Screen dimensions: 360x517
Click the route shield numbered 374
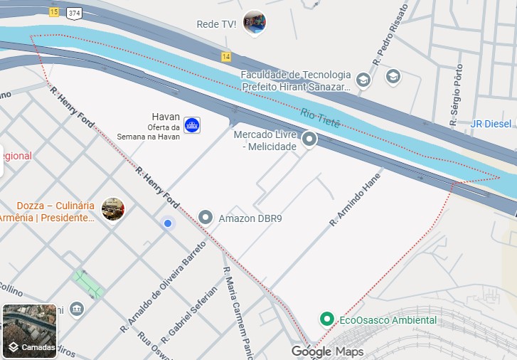pyautogui.click(x=74, y=12)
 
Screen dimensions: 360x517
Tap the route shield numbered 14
pyautogui.click(x=226, y=56)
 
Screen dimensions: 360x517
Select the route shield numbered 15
pyautogui.click(x=55, y=12)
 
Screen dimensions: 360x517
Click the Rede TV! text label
pyautogui.click(x=216, y=24)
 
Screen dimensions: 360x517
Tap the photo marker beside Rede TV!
pyautogui.click(x=254, y=23)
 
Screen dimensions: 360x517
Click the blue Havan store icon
pyautogui.click(x=192, y=125)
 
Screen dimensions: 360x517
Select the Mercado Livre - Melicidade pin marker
pyautogui.click(x=309, y=139)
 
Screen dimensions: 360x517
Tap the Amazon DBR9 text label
pyautogui.click(x=250, y=218)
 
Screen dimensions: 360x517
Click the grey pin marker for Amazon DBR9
pyautogui.click(x=206, y=217)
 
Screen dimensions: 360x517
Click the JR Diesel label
pyautogui.click(x=491, y=124)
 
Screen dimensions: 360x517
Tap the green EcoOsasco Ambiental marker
pyautogui.click(x=326, y=319)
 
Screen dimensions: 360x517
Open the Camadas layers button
pyautogui.click(x=30, y=332)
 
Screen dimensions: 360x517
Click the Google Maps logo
pyautogui.click(x=327, y=351)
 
